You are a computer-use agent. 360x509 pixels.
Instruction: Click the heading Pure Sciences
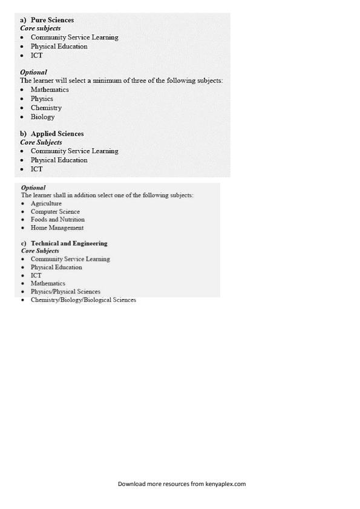pyautogui.click(x=52, y=20)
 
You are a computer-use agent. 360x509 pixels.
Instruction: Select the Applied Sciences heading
pyautogui.click(x=57, y=134)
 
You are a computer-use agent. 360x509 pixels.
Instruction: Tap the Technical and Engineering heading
pyautogui.click(x=69, y=243)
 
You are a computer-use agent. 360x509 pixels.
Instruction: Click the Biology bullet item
pyautogui.click(x=42, y=117)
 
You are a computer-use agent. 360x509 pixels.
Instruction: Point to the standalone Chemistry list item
pyautogui.click(x=46, y=108)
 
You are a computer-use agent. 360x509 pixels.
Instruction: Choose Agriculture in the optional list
pyautogui.click(x=46, y=203)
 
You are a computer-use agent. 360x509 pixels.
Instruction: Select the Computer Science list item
pyautogui.click(x=55, y=212)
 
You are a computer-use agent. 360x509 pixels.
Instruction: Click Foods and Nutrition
pyautogui.click(x=57, y=220)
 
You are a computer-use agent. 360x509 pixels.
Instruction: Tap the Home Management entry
pyautogui.click(x=57, y=228)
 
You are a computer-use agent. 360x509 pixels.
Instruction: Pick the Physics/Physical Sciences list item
pyautogui.click(x=65, y=292)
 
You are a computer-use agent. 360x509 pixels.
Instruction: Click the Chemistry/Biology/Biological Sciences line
pyautogui.click(x=83, y=300)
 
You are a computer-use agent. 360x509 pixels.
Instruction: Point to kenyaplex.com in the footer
pyautogui.click(x=225, y=484)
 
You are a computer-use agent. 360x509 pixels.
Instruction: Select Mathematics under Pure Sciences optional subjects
pyautogui.click(x=50, y=90)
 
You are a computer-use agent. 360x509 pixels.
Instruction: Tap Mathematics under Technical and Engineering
pyautogui.click(x=48, y=283)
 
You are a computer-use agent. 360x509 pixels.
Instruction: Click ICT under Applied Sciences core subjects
pyautogui.click(x=37, y=169)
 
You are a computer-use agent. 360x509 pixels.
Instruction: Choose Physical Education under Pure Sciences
pyautogui.click(x=59, y=46)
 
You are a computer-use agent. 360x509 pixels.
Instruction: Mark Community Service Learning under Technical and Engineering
pyautogui.click(x=70, y=259)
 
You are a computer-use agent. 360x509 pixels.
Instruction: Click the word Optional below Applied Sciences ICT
pyautogui.click(x=33, y=188)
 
